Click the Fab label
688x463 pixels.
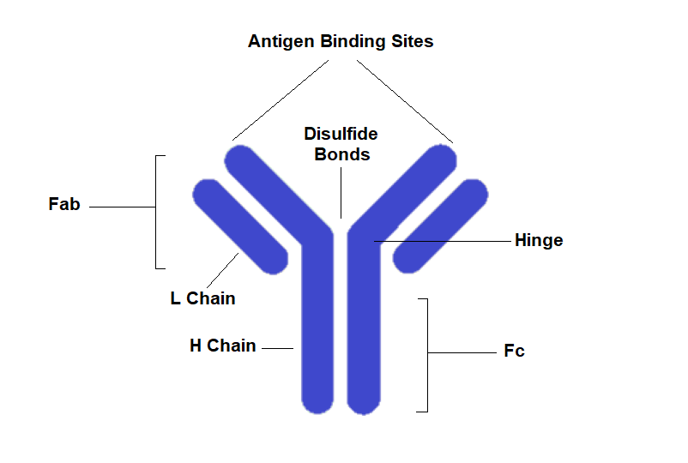pyautogui.click(x=64, y=205)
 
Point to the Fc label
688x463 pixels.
pyautogui.click(x=514, y=351)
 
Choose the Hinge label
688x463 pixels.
pyautogui.click(x=539, y=240)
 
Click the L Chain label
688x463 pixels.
pyautogui.click(x=202, y=298)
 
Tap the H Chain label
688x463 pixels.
pyautogui.click(x=223, y=346)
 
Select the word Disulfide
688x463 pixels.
pyautogui.click(x=341, y=135)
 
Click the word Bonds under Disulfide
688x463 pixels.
pyautogui.click(x=341, y=155)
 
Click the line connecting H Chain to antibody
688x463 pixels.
pyautogui.click(x=277, y=348)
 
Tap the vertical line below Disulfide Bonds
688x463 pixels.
pyautogui.click(x=341, y=192)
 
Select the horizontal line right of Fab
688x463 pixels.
pyautogui.click(x=122, y=207)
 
